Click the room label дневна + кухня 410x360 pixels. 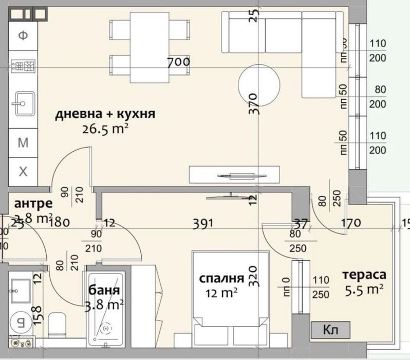(x=105, y=114)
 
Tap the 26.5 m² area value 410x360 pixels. (x=105, y=129)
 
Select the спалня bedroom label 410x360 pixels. (x=221, y=279)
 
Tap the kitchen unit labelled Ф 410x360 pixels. (x=23, y=35)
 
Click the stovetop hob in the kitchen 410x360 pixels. (x=23, y=66)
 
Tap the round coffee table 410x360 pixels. (x=259, y=84)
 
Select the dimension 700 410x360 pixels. (x=179, y=63)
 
